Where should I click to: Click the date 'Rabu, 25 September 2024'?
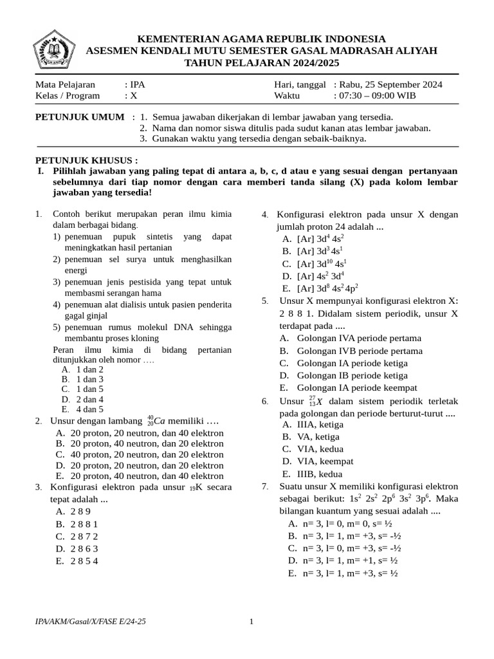click(x=388, y=84)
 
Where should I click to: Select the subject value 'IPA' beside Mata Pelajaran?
click(x=136, y=84)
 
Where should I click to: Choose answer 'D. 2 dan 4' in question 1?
click(x=82, y=399)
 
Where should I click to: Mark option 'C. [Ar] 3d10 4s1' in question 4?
click(x=313, y=264)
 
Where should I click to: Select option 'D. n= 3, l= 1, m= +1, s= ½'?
click(x=342, y=561)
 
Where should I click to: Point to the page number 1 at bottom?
click(x=252, y=621)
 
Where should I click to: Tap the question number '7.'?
click(x=265, y=486)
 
